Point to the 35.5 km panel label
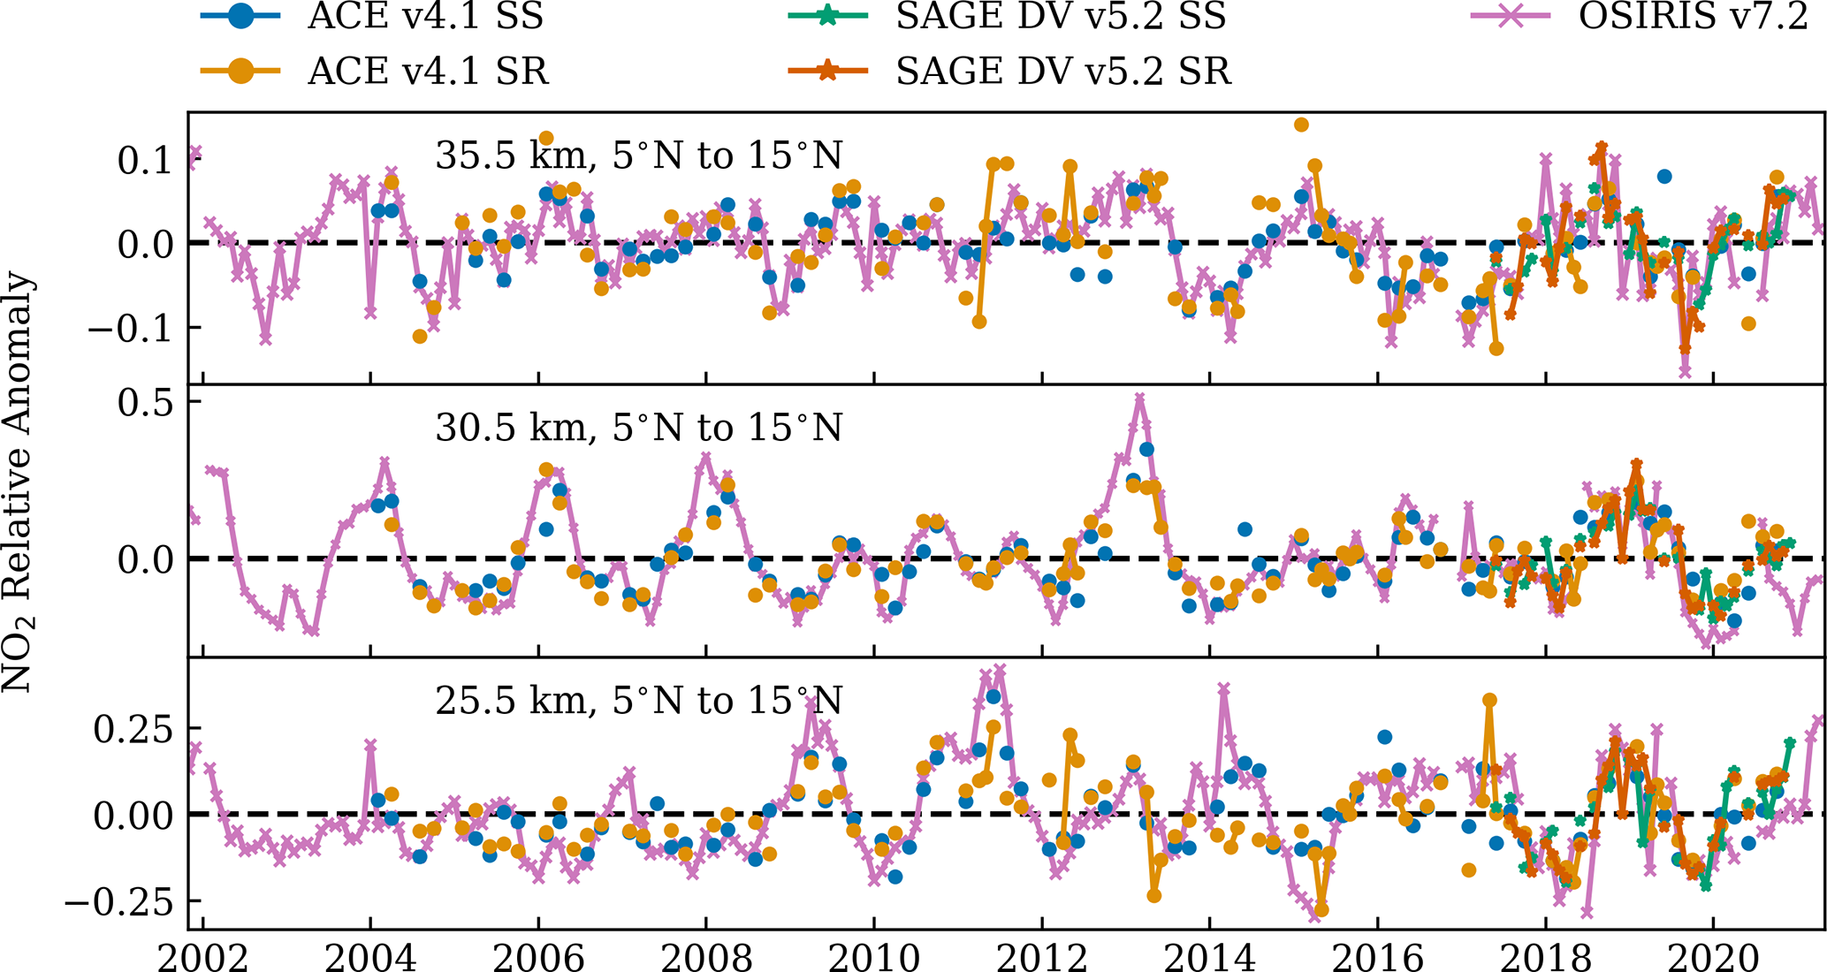pyautogui.click(x=638, y=156)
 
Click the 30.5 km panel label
pyautogui.click(x=638, y=428)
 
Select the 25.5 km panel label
pyautogui.click(x=638, y=701)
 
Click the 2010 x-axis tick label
pyautogui.click(x=874, y=956)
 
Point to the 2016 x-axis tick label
pyautogui.click(x=1378, y=956)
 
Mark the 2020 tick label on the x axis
pyautogui.click(x=1714, y=956)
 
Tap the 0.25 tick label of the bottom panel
pyautogui.click(x=136, y=728)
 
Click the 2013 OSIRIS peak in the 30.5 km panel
pyautogui.click(x=1139, y=398)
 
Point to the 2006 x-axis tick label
pyautogui.click(x=538, y=956)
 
